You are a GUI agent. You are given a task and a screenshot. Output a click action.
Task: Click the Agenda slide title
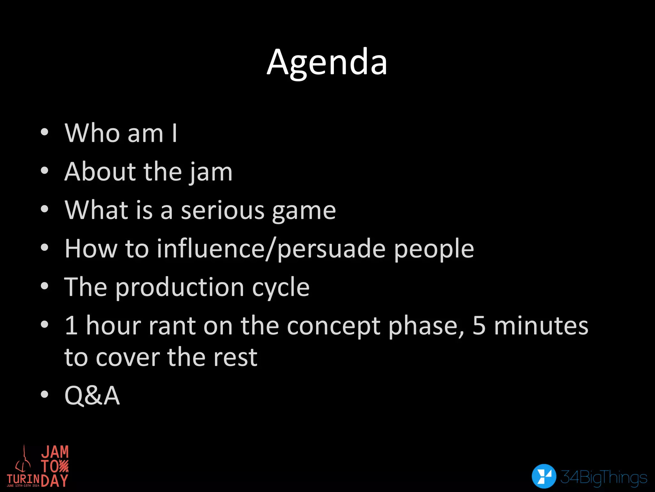coord(327,63)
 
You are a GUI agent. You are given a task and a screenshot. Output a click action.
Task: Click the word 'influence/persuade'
coord(271,249)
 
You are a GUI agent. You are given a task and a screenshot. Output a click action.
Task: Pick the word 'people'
coord(434,250)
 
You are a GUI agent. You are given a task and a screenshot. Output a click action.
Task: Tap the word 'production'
coord(179,288)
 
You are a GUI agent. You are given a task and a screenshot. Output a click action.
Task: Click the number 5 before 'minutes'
coord(479,326)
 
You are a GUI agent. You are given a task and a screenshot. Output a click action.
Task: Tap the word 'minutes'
coord(541,325)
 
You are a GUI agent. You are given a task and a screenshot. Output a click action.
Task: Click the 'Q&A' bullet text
coord(92,396)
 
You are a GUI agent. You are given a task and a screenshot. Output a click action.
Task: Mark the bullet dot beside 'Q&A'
coord(44,395)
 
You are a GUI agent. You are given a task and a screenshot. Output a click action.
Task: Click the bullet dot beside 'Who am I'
coord(44,132)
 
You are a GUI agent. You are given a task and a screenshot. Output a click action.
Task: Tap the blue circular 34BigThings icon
coord(544,476)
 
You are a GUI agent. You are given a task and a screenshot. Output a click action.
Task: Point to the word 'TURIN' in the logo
coord(23,479)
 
